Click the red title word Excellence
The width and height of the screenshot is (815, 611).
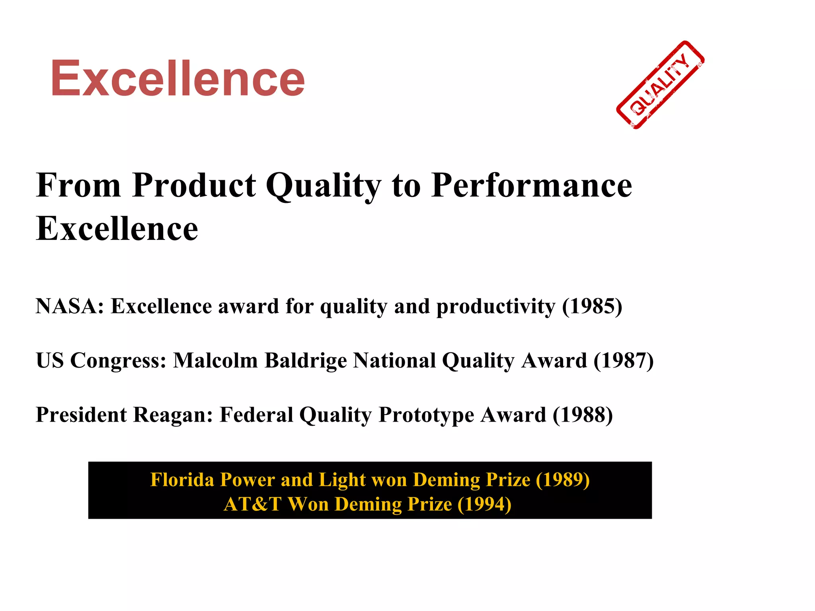click(177, 78)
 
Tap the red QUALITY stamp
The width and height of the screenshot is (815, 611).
click(660, 85)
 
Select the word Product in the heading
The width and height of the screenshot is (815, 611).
click(194, 185)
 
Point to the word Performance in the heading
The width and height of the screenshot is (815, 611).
click(532, 185)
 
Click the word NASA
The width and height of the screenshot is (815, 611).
click(67, 306)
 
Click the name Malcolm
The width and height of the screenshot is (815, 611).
click(215, 360)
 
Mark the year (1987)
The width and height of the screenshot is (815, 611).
click(623, 360)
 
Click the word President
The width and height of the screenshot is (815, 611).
click(81, 414)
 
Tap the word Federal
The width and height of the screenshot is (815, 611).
click(256, 414)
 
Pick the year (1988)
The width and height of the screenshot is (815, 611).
click(583, 414)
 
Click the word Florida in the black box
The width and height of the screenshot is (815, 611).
click(182, 480)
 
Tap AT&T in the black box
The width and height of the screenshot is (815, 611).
click(253, 504)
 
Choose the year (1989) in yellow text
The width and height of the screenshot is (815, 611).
click(563, 480)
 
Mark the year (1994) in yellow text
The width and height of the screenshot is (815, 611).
click(484, 504)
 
